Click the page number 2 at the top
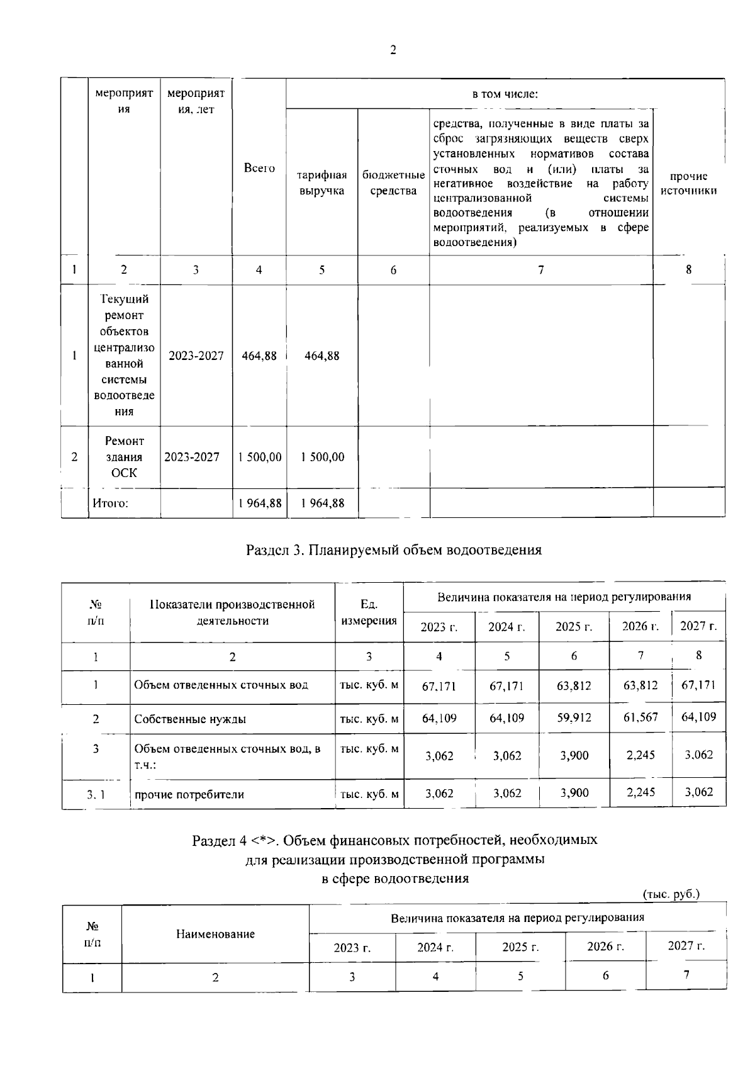click(393, 51)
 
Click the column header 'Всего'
click(259, 168)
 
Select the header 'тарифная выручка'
click(322, 183)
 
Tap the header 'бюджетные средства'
click(393, 183)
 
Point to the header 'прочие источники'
click(689, 183)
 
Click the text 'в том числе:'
click(505, 94)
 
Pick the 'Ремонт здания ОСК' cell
click(124, 457)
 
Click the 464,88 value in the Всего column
click(259, 356)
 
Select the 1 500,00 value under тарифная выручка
click(322, 457)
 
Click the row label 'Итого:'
click(111, 503)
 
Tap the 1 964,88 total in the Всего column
click(260, 503)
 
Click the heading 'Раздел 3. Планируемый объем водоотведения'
click(393, 550)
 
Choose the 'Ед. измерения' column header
click(369, 612)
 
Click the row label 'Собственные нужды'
click(190, 719)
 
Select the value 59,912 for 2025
click(574, 717)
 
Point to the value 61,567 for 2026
click(640, 717)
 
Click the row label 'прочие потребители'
click(189, 794)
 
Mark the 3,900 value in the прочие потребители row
click(574, 793)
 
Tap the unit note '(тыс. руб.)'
click(671, 894)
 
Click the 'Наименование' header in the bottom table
click(215, 934)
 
